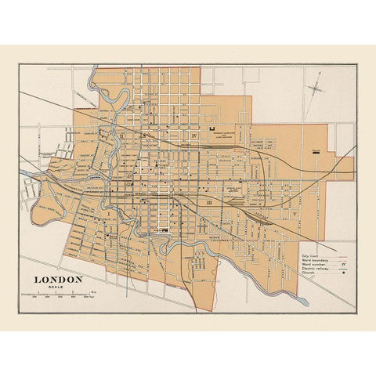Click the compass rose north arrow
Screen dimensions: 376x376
pyautogui.click(x=316, y=88)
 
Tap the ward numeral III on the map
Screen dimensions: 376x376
pyautogui.click(x=208, y=202)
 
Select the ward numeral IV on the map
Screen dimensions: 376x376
pyautogui.click(x=193, y=136)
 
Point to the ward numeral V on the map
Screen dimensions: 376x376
pyautogui.click(x=293, y=213)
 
